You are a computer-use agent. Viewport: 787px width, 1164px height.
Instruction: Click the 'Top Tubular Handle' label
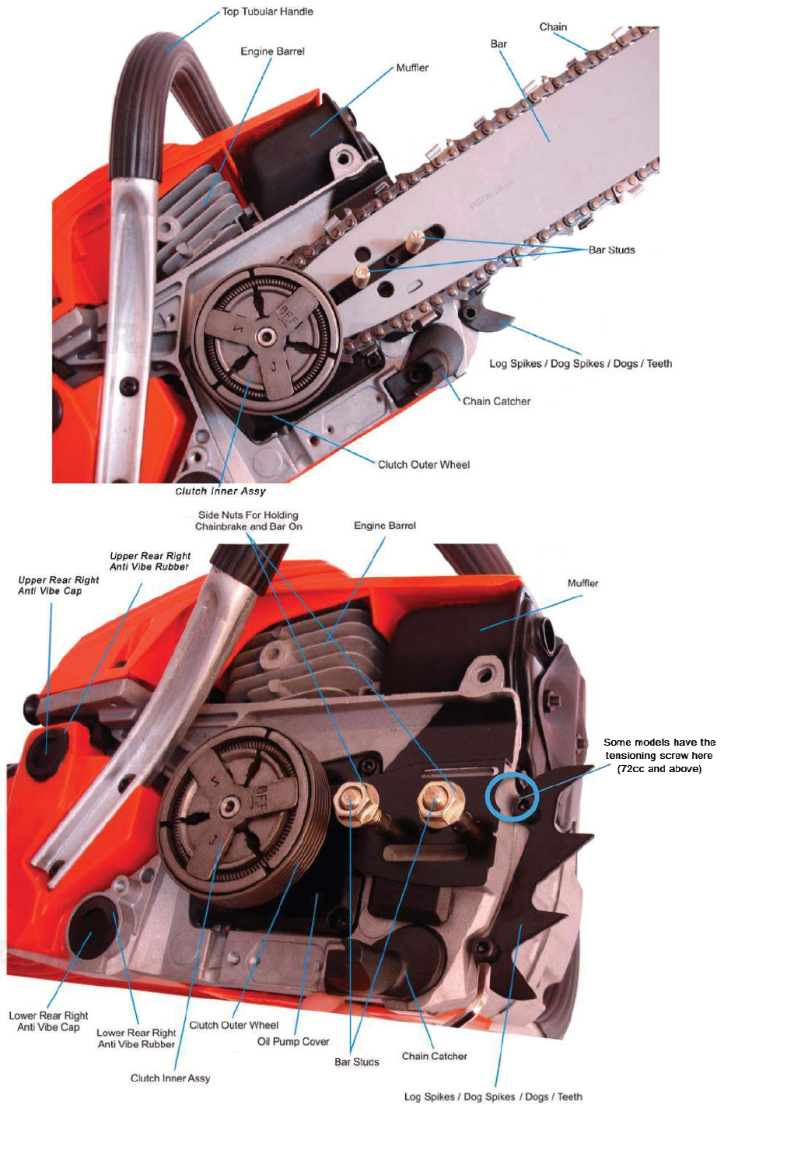click(267, 12)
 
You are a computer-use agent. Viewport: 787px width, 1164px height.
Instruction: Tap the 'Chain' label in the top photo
click(553, 27)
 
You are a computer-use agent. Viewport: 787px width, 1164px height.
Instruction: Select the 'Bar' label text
click(498, 44)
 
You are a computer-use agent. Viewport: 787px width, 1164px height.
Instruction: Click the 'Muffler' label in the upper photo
click(412, 68)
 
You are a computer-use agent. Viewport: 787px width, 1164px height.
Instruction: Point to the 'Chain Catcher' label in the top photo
click(496, 402)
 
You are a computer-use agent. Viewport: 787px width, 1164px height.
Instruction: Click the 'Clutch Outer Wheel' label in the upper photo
click(424, 465)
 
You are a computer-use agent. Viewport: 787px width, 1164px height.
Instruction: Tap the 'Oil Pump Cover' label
click(293, 1042)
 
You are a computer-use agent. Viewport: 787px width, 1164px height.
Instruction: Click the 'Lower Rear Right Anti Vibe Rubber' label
click(136, 1039)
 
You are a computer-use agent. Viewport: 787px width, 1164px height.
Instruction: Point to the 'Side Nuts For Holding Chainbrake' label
click(248, 521)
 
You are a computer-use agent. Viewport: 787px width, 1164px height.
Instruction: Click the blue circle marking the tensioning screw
click(512, 795)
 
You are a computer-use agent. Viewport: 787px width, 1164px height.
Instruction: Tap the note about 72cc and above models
click(659, 756)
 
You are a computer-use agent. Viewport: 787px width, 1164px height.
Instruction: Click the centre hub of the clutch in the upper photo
click(267, 336)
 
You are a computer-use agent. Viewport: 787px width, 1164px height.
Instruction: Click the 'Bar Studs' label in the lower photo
click(357, 1062)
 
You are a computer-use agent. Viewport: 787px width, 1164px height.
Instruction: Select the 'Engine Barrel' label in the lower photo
click(385, 526)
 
